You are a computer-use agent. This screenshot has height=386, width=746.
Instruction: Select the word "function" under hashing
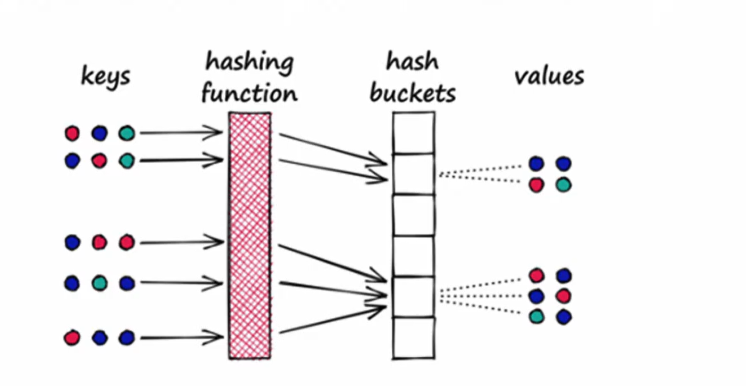coord(250,93)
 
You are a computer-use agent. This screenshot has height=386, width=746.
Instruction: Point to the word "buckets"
coord(413,93)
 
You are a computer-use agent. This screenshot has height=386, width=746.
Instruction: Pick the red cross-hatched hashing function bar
coord(250,236)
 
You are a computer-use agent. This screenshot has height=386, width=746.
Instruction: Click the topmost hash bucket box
coord(414,133)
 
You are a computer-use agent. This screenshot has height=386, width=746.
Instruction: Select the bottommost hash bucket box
coord(414,338)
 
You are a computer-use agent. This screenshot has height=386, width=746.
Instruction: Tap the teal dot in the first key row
coord(126,133)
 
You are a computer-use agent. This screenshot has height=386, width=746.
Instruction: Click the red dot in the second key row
coord(99,161)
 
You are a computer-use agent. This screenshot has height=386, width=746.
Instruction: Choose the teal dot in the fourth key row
coord(99,283)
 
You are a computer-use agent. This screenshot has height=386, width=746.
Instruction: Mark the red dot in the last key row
coord(72,338)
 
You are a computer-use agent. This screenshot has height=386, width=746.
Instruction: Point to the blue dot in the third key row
coord(72,243)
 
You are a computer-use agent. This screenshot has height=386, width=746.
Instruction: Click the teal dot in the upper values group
coord(563,185)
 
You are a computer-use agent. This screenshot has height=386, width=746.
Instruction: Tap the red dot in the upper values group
coord(536,185)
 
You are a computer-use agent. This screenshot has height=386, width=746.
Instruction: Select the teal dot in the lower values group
coord(536,316)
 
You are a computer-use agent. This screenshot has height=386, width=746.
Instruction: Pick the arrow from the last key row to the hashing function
coord(181,337)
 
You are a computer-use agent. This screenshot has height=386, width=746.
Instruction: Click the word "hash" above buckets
coord(412,62)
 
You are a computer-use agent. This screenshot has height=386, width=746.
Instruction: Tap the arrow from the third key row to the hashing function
coord(181,243)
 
